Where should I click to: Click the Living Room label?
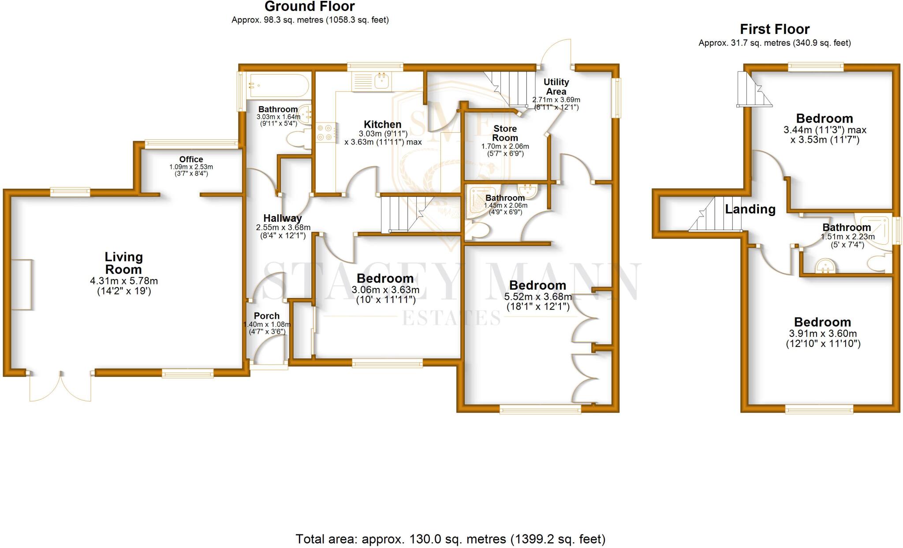[x=123, y=263]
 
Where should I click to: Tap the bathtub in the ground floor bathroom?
[x=278, y=85]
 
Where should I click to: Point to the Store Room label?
[x=505, y=133]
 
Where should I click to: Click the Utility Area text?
[x=556, y=87]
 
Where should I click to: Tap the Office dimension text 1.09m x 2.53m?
[x=191, y=167]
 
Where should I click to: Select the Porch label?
[x=266, y=316]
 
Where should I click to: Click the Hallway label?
[x=282, y=218]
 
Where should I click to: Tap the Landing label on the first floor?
[x=750, y=209]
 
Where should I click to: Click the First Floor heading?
[x=774, y=29]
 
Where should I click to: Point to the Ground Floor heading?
[x=310, y=7]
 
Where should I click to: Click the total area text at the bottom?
[x=450, y=539]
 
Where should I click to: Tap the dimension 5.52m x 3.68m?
[x=538, y=297]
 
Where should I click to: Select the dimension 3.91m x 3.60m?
[x=823, y=334]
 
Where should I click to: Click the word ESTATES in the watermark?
[x=451, y=318]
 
